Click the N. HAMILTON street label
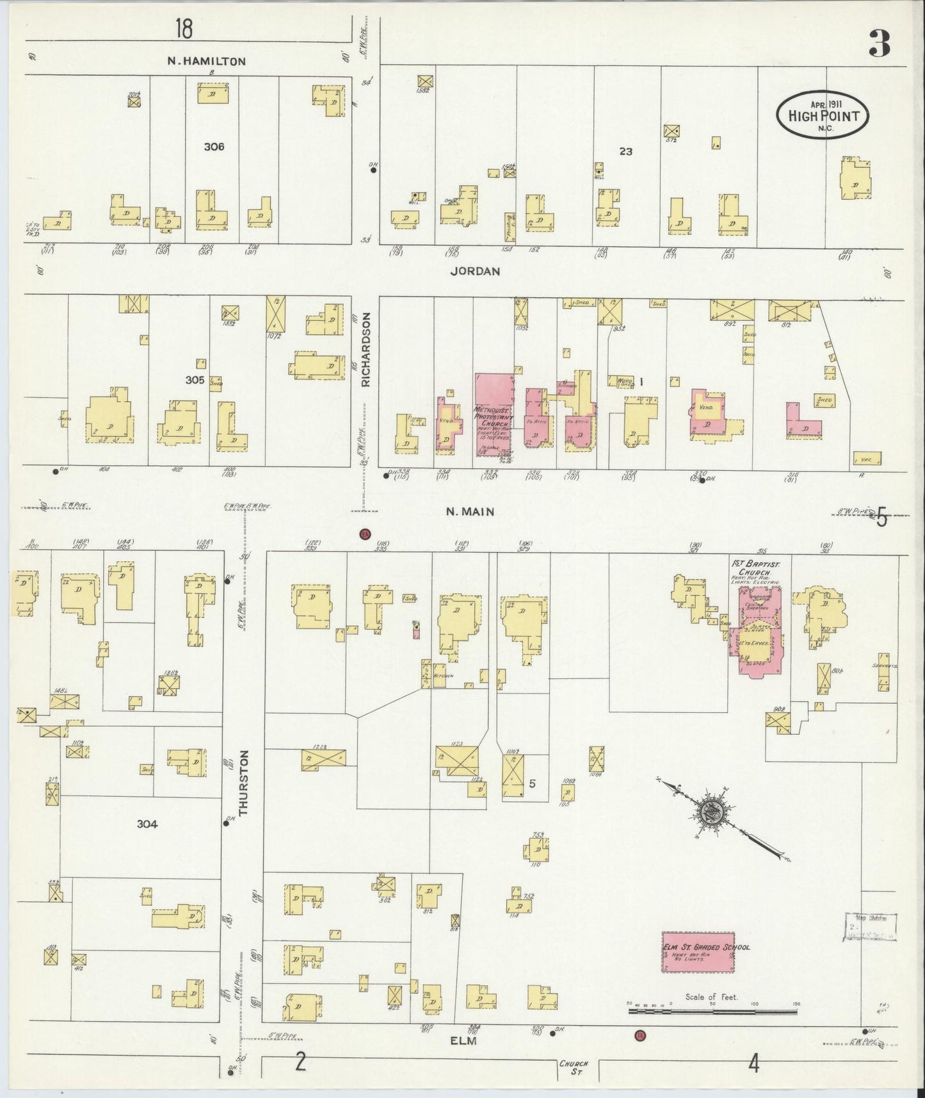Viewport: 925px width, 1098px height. (206, 61)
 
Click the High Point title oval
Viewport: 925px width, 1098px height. (822, 115)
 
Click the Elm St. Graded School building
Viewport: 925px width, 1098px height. (697, 952)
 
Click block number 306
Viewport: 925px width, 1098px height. (214, 147)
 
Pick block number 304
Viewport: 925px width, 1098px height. (147, 824)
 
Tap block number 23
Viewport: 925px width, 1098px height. (625, 152)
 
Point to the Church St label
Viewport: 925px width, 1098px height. (574, 1067)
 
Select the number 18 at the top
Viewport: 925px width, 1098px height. (184, 29)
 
